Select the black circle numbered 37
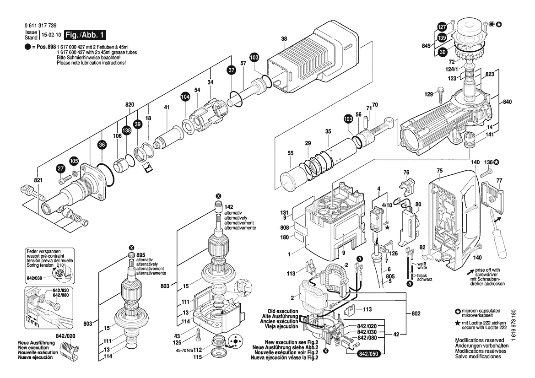click(x=231, y=70)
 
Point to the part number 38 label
click(x=284, y=39)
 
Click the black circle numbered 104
click(x=185, y=97)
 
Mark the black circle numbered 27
click(x=60, y=169)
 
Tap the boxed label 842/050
click(x=369, y=354)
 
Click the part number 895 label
click(x=141, y=255)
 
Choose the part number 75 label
click(x=439, y=171)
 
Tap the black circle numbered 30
click(x=442, y=53)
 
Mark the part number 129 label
click(x=428, y=94)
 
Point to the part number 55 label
click(x=291, y=153)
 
